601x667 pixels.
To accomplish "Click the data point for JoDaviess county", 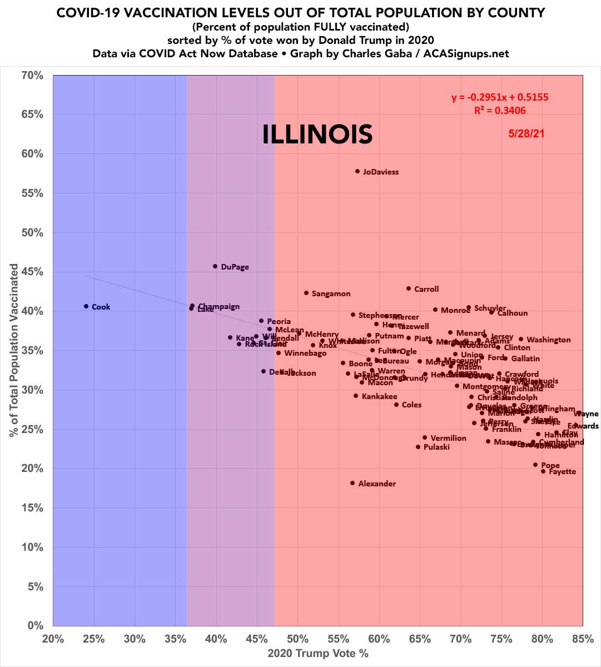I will click(x=357, y=171).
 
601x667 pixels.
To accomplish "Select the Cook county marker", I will click(x=86, y=306).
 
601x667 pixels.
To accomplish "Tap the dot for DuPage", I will click(x=215, y=266).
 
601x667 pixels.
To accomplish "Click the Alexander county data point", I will click(x=352, y=483).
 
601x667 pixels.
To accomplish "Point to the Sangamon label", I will click(x=331, y=293).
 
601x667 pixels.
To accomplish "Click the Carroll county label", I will click(x=426, y=289).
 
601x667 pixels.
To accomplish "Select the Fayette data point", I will click(x=543, y=471).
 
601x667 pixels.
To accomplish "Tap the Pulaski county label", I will click(x=436, y=447).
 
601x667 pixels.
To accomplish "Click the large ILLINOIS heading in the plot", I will click(x=317, y=135).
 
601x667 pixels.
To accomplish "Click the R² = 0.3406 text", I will click(x=500, y=111).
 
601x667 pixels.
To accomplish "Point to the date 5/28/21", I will click(x=526, y=134).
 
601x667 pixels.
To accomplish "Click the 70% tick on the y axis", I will click(x=32, y=74).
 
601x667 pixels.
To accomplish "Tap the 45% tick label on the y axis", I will click(x=32, y=272).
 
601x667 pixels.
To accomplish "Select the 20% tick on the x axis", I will click(x=53, y=639).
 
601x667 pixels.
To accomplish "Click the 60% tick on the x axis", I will click(x=379, y=639).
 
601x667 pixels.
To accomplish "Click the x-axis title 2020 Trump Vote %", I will click(x=318, y=653).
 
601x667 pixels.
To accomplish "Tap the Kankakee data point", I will click(x=356, y=396).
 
